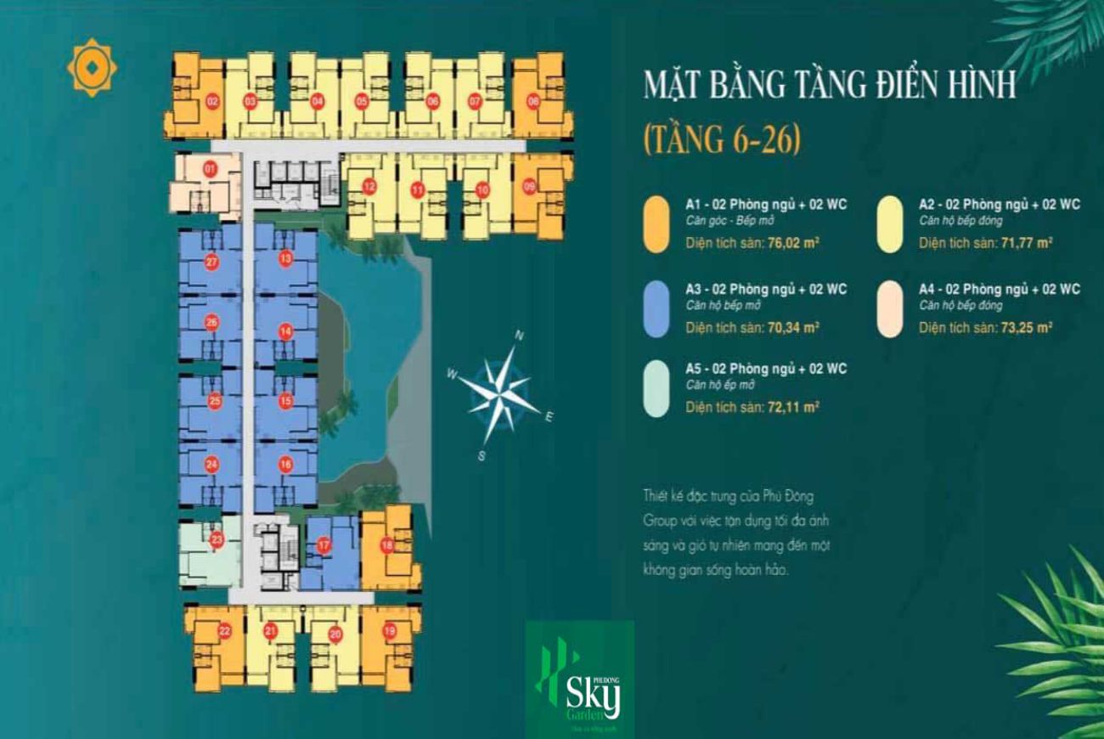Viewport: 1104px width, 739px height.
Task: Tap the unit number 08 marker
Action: point(533,101)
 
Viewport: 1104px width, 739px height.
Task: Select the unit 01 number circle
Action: point(211,170)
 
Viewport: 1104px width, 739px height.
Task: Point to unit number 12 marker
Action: point(369,187)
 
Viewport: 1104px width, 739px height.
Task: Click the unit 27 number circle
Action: point(211,262)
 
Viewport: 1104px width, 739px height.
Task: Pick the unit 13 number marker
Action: point(285,257)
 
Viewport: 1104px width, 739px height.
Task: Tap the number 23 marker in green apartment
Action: point(217,539)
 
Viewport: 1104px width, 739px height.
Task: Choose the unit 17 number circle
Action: point(323,546)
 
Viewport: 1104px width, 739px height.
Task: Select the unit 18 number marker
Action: point(386,545)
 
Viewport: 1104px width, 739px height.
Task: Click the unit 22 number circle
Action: point(224,631)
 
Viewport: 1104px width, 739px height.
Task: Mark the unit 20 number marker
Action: point(335,634)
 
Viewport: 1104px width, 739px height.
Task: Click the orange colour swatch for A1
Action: point(656,224)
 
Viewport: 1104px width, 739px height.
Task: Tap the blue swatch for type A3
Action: point(656,310)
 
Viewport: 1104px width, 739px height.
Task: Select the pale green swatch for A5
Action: point(656,389)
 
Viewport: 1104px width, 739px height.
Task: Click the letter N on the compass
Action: point(519,336)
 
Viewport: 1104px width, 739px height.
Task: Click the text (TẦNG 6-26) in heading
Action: point(722,138)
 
